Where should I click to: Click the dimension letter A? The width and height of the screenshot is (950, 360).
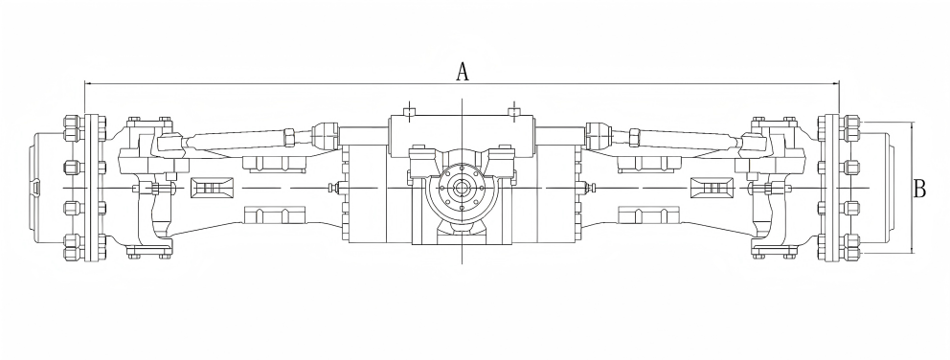pos(462,71)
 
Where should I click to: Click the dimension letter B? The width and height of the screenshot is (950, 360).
pos(919,189)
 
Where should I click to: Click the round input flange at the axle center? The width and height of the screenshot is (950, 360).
pos(461,189)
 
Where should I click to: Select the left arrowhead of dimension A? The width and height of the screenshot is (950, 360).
pos(88,83)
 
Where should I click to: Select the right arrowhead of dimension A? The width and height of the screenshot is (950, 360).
pos(835,83)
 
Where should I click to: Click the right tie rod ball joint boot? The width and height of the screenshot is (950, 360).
pos(600,131)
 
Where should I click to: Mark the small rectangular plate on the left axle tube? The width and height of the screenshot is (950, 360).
pos(211,188)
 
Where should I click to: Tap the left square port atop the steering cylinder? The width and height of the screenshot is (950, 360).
pos(409,111)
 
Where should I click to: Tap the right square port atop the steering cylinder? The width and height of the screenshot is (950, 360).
pos(513,111)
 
